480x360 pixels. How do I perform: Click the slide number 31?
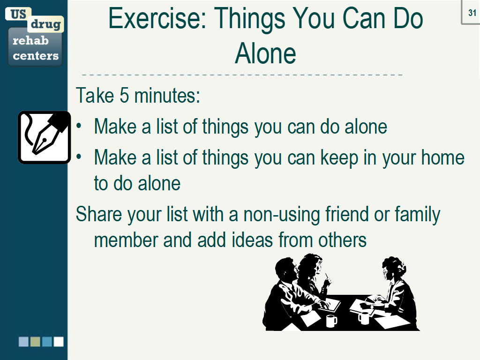click(472, 13)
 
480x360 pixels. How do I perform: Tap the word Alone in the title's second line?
click(265, 53)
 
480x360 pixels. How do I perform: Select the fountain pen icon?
click(45, 137)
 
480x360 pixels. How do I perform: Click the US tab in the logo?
click(18, 14)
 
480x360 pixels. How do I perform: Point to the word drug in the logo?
click(45, 24)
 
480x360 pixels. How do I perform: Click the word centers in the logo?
click(36, 56)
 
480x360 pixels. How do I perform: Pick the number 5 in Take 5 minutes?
click(124, 96)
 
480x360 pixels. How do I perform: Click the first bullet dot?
click(79, 126)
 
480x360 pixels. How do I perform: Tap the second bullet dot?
click(79, 157)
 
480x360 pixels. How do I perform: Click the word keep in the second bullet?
click(339, 158)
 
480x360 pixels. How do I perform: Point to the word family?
click(417, 214)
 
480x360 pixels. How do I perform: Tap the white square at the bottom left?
click(59, 342)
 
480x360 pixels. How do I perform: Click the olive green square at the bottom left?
click(35, 342)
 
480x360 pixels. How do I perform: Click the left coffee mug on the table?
click(331, 321)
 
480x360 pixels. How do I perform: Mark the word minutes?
click(167, 96)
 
